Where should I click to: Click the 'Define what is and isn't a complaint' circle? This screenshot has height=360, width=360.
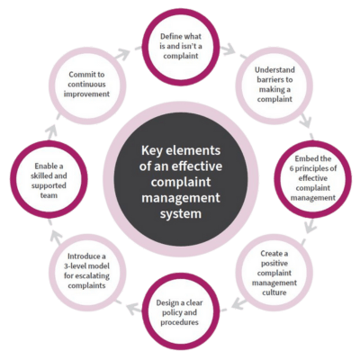tap(181, 17)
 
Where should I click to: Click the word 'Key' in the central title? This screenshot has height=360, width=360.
tap(151, 150)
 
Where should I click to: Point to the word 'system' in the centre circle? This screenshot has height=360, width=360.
tap(181, 213)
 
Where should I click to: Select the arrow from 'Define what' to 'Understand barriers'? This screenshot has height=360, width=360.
tap(230, 49)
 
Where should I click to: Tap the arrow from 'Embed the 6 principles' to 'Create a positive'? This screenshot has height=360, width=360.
tap(310, 227)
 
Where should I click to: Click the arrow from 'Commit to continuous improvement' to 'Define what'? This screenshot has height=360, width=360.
tap(123, 54)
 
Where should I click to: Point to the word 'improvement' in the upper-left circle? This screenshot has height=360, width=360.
tap(86, 94)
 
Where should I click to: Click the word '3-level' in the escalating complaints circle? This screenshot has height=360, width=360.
tap(76, 266)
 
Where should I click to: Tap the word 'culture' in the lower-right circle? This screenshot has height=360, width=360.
tap(274, 292)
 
